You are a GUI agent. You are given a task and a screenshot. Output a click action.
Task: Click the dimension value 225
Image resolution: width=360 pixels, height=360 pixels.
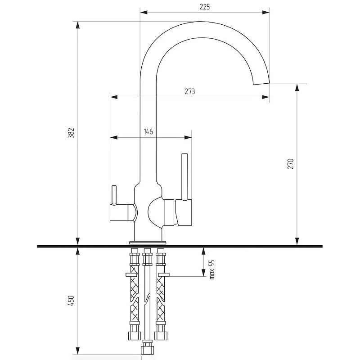[x=205, y=7]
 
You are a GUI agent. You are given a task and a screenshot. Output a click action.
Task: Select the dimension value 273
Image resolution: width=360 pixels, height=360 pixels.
[x=190, y=91]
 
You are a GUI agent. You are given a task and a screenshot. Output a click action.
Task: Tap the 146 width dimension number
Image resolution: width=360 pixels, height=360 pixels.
[x=148, y=131]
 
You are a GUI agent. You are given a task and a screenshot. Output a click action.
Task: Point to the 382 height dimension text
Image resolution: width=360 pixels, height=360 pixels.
[x=72, y=133]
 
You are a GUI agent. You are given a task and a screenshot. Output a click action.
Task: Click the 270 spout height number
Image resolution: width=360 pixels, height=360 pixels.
[x=290, y=164]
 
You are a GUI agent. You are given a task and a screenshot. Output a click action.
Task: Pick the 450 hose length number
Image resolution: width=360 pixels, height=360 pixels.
[x=71, y=301]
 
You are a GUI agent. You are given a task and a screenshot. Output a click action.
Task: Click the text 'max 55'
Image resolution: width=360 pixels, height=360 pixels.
[x=211, y=270]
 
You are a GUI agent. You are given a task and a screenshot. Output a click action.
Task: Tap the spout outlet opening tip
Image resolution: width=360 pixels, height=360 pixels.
[x=261, y=84]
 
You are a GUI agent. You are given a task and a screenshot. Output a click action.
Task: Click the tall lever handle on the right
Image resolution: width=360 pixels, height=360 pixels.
[x=185, y=177]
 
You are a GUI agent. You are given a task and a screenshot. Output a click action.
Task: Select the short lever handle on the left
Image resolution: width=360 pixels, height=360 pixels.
[x=114, y=195]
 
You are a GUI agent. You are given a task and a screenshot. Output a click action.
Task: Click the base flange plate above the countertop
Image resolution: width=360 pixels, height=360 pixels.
[x=148, y=243]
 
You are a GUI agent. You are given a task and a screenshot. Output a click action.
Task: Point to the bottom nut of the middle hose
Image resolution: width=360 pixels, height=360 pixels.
[x=147, y=350]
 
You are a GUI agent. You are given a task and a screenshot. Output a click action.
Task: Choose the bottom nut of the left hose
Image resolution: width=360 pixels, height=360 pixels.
[x=135, y=336]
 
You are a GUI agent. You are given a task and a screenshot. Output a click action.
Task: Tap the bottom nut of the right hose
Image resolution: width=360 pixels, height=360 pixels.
[x=161, y=336]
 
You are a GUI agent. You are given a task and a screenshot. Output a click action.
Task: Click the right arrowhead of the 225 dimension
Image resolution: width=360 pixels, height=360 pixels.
[x=266, y=13]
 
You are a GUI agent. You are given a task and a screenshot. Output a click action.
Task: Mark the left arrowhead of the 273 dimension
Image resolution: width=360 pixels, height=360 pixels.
[x=114, y=97]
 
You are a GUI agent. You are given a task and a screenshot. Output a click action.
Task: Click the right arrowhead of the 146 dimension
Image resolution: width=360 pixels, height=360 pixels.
[x=188, y=138]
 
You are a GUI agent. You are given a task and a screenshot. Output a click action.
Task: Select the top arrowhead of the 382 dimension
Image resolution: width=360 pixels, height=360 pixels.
[x=78, y=25]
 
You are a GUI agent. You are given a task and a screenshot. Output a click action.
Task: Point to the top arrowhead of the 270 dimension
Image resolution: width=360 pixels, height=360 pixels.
[x=297, y=87]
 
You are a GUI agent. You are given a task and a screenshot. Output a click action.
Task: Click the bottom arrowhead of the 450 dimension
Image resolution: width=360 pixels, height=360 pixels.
[x=78, y=351]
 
